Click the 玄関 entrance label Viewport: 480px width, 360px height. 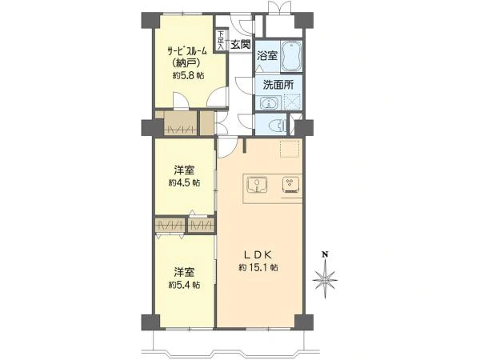(241, 45)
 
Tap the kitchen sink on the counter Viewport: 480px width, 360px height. (257, 185)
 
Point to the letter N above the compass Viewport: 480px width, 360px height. (325, 254)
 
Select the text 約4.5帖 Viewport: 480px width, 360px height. (184, 182)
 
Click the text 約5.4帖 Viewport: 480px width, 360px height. (184, 285)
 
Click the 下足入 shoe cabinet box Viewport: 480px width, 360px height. (220, 41)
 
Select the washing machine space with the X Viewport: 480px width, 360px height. (291, 102)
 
